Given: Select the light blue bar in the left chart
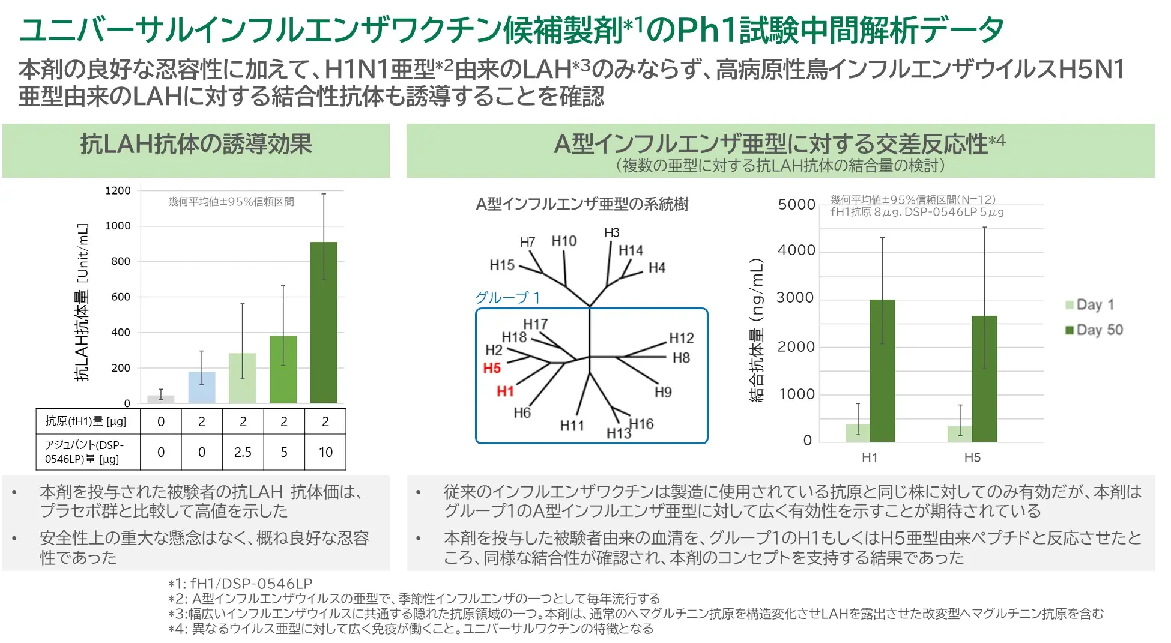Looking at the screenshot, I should (201, 387).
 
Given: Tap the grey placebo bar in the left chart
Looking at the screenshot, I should (160, 399).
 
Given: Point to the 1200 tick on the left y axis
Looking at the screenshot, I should (118, 191).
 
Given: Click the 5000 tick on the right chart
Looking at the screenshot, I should (796, 205).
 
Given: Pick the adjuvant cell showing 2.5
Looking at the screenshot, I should (243, 452).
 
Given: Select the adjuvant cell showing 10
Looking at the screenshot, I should (325, 452).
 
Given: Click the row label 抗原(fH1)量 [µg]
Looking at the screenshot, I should (86, 421).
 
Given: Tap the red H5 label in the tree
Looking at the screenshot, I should (492, 368).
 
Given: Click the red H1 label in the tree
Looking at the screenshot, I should (505, 391).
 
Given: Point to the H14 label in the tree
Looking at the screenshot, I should (631, 250).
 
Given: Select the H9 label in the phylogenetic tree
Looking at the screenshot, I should (663, 392).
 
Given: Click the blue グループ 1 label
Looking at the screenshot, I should (507, 298).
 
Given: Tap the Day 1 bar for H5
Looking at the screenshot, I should (959, 434).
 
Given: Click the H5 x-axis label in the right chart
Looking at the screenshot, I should (972, 457).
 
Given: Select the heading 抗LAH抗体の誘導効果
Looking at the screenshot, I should (196, 144).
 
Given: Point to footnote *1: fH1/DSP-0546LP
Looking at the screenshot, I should (240, 584).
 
